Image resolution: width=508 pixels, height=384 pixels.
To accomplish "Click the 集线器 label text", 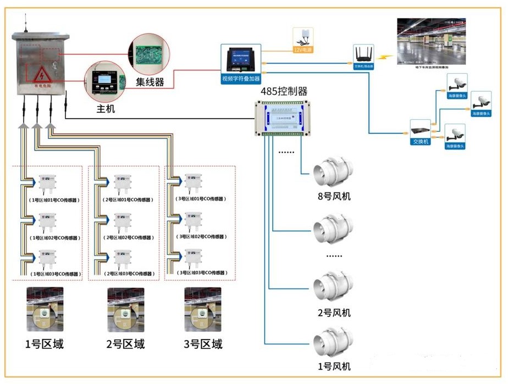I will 150,82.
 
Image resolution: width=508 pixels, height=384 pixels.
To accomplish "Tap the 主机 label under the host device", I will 106,109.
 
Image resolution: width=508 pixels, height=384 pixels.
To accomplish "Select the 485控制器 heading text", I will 284,91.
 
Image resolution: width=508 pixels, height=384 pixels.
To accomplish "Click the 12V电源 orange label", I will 302,50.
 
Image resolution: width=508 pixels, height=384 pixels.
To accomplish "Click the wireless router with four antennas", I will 363,54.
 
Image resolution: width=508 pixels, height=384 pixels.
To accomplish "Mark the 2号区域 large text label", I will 125,344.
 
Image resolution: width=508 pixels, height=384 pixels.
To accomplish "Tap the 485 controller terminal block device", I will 284,117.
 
